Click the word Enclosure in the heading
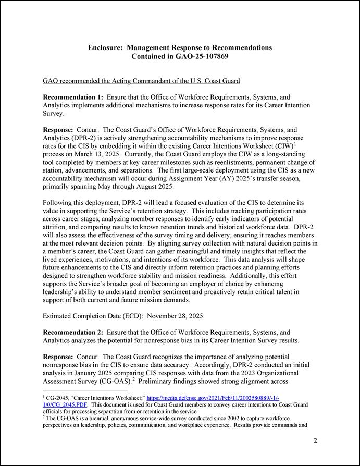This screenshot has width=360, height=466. tap(106, 47)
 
